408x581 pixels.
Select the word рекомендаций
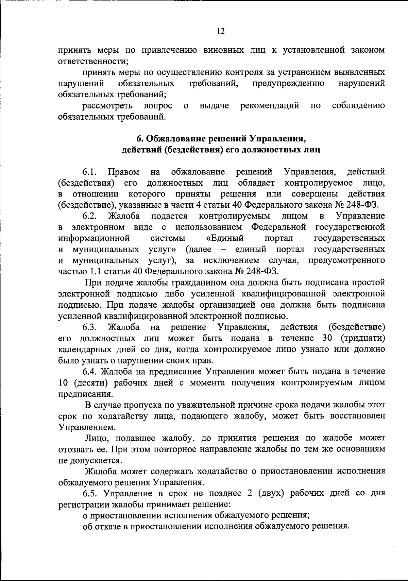click(270, 106)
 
